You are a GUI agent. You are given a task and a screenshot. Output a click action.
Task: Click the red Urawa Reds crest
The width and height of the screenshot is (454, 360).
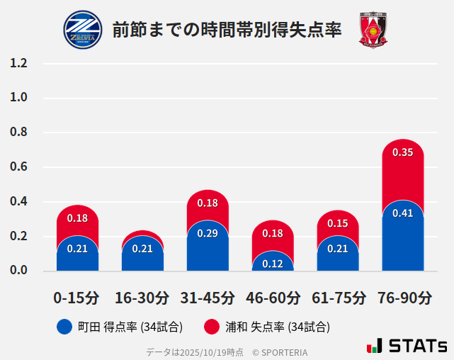coord(373,30)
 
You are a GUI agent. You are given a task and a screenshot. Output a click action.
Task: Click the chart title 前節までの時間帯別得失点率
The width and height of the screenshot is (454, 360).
coord(227,30)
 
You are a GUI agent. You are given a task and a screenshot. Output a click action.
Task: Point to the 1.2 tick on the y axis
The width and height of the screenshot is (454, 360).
coord(19,63)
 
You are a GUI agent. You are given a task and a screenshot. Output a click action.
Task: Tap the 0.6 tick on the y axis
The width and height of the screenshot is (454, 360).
coord(19,167)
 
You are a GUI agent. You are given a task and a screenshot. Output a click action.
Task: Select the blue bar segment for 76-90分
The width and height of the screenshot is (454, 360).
coord(402,241)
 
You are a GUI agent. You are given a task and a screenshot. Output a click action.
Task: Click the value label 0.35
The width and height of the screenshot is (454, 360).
coord(402,152)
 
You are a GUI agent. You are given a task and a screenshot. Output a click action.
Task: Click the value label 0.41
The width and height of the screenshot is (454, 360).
coord(402,213)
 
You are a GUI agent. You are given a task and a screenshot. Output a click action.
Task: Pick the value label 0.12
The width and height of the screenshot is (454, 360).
coord(273,264)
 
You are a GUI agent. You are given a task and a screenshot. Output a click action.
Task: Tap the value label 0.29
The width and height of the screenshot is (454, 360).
coord(208,233)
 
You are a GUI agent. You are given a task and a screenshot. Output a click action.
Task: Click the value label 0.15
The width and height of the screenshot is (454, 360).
coord(338,223)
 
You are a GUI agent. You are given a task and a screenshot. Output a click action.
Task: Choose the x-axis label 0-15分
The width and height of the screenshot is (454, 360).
coord(76,298)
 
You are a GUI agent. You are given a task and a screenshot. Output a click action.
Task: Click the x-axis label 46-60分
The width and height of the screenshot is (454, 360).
coord(273,298)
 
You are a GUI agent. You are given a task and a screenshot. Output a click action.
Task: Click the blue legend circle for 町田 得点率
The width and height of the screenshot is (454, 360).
coord(65,327)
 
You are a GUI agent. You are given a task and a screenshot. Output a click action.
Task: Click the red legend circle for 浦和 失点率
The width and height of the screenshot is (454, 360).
coord(212,327)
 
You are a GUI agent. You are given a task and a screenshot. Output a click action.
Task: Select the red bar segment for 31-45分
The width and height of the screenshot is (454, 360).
coord(208,205)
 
